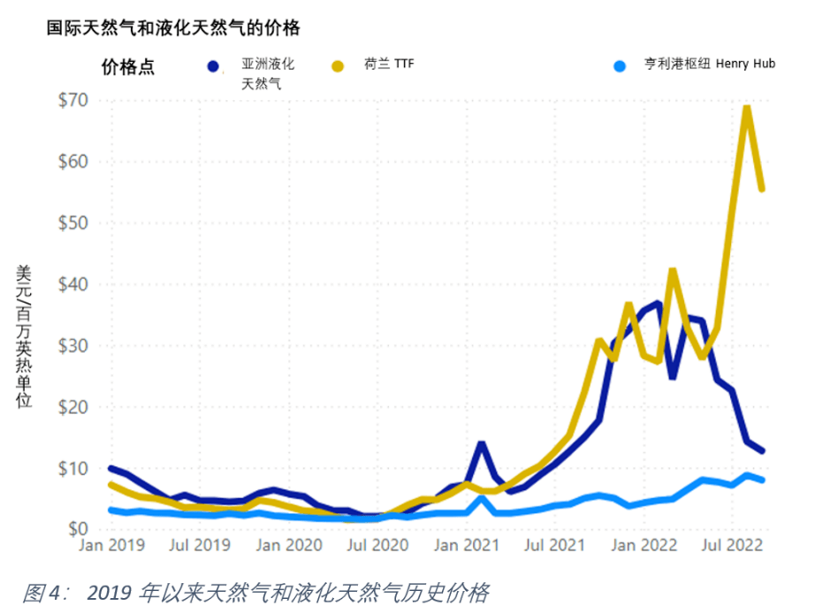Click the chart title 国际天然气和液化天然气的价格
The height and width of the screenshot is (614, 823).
(173, 28)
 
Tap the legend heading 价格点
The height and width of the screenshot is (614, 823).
(128, 67)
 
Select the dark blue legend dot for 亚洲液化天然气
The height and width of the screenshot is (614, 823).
(212, 66)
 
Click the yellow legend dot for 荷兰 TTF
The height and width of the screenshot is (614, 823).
(337, 66)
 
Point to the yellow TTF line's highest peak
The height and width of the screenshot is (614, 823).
(747, 108)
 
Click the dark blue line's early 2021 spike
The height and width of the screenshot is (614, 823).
(481, 443)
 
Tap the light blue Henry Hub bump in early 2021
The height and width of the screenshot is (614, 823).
(481, 498)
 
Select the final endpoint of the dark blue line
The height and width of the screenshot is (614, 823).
(762, 451)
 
